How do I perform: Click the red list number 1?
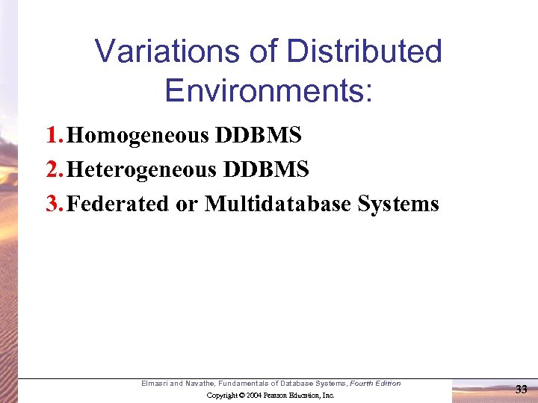52,136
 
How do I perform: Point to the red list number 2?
52,170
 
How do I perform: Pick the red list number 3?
52,204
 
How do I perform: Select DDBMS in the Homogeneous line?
259,136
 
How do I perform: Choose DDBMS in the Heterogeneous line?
265,170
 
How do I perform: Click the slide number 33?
522,388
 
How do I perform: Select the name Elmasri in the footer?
155,384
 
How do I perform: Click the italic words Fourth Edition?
376,384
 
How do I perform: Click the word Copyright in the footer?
223,395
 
